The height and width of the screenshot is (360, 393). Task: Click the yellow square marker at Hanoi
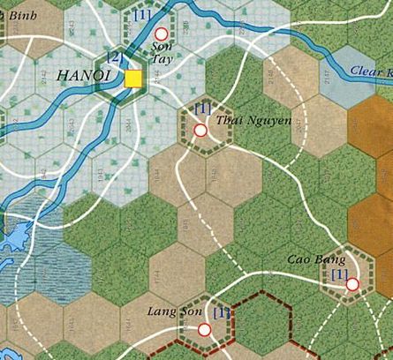[132, 79]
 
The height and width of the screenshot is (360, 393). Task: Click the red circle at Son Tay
[161, 34]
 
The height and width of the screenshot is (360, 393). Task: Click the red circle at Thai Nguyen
[200, 131]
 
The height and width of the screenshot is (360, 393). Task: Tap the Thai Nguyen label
[241, 120]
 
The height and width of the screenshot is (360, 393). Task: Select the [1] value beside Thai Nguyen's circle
[203, 109]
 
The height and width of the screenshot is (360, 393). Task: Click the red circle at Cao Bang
[352, 284]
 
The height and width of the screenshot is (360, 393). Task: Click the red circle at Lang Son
[205, 330]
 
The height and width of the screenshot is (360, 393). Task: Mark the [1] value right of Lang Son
[221, 313]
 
